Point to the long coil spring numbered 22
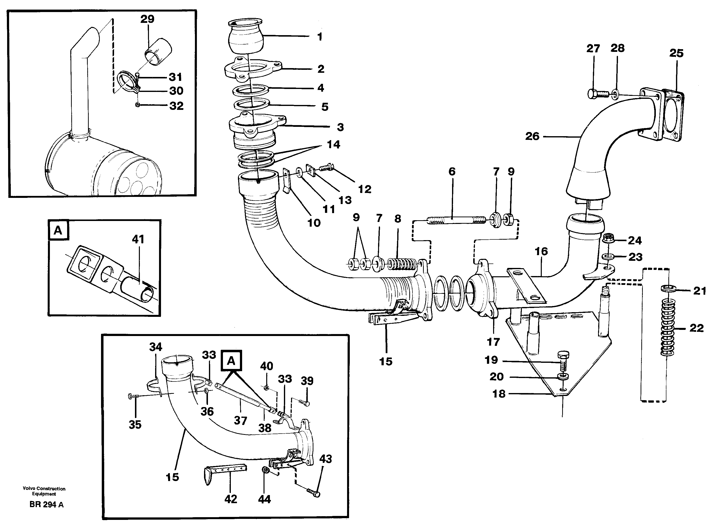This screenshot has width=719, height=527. [667, 327]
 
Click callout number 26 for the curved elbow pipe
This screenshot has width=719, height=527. [532, 136]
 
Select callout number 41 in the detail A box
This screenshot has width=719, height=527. [138, 239]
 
